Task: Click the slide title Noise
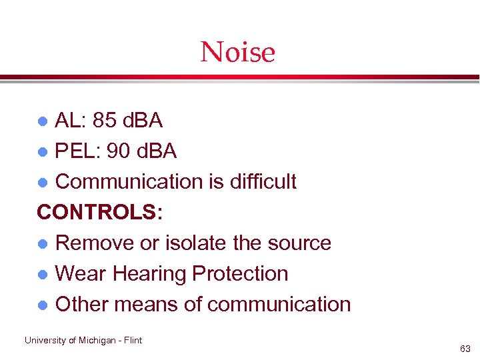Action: click(238, 52)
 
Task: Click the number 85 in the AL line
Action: click(104, 121)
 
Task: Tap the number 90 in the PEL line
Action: click(119, 151)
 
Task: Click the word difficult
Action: click(261, 181)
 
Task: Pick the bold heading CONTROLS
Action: click(96, 212)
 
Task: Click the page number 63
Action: click(465, 349)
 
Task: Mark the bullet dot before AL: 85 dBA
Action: click(42, 121)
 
